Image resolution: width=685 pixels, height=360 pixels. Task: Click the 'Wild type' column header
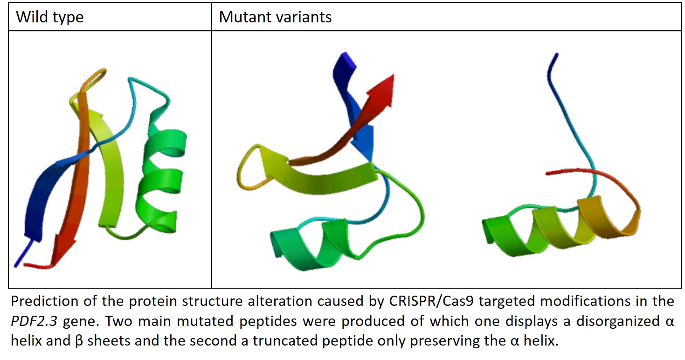coord(49,17)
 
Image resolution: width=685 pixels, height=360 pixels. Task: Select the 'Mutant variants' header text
coord(275,17)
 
